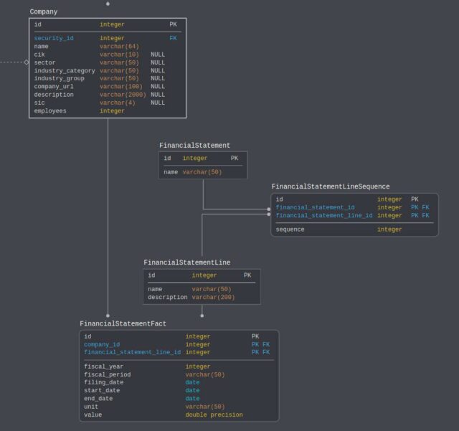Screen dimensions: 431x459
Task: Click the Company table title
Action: (44, 12)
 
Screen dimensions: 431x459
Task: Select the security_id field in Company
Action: (54, 39)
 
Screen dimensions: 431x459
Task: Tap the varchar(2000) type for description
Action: (123, 95)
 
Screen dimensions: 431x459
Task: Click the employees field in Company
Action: (50, 111)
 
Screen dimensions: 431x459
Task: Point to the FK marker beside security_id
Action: (173, 39)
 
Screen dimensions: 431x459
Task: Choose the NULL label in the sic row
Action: (158, 103)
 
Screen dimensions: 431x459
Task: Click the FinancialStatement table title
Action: (194, 146)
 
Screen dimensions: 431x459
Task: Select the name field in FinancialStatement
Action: (171, 172)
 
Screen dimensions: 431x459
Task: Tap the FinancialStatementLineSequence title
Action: (331, 187)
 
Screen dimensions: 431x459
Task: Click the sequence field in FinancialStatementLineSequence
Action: (290, 229)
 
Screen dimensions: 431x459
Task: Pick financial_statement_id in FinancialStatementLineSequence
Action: (315, 207)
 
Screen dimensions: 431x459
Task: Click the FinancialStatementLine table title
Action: (186, 262)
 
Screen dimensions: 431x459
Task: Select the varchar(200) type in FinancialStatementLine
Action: (213, 297)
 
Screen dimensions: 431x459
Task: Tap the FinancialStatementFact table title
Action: (123, 324)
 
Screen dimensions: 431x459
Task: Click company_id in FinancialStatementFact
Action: (102, 344)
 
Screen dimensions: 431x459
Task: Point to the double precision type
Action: (214, 415)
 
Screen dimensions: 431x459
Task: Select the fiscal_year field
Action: (104, 367)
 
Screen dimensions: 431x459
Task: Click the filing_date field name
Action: (104, 383)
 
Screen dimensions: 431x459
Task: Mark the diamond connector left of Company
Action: (27, 62)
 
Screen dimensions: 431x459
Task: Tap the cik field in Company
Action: (40, 55)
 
